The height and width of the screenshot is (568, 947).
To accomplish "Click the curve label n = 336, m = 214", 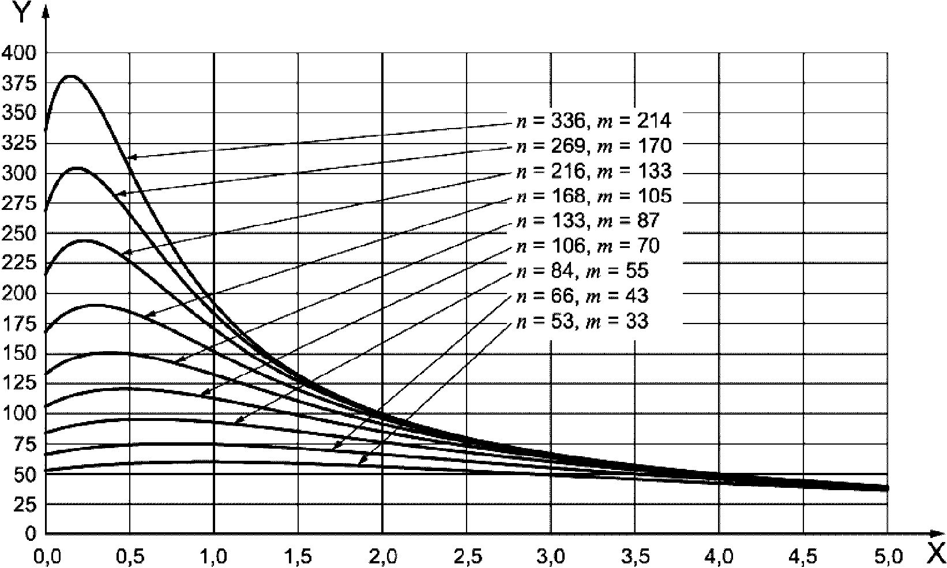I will point(593,121).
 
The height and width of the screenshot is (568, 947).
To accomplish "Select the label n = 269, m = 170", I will point(593,146).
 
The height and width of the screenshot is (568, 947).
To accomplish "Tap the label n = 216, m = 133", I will point(593,171).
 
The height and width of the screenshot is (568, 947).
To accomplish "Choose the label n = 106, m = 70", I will point(587,246).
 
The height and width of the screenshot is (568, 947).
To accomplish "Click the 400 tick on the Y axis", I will point(19,53).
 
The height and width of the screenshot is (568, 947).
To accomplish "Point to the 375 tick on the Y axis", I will point(19,84).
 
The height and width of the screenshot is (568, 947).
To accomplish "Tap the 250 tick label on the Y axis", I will point(19,234).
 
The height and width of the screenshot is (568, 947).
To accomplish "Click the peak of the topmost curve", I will point(71,76).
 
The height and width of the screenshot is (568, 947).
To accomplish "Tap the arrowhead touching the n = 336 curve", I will point(131,157).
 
